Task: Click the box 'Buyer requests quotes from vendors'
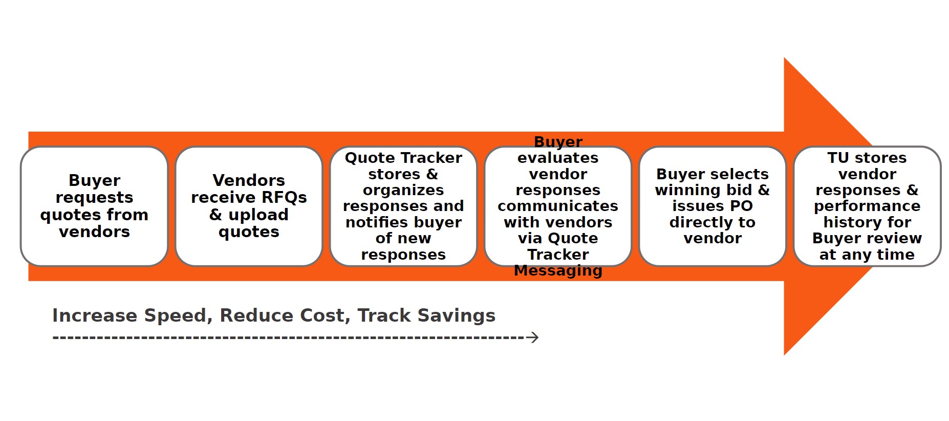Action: pyautogui.click(x=94, y=206)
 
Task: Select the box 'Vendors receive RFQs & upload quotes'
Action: pyautogui.click(x=249, y=206)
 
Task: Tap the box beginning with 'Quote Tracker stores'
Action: pyautogui.click(x=403, y=206)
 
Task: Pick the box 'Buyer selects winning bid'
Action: pyautogui.click(x=713, y=206)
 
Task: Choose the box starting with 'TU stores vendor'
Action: pyautogui.click(x=867, y=206)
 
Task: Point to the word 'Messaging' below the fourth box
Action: pyautogui.click(x=558, y=270)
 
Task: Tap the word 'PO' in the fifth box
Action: pyautogui.click(x=741, y=206)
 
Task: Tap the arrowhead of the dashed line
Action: pyautogui.click(x=534, y=338)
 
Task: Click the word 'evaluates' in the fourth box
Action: pyautogui.click(x=558, y=158)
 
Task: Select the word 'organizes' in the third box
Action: pyautogui.click(x=403, y=191)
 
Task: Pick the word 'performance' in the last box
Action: pyautogui.click(x=867, y=206)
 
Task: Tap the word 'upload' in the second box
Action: pyautogui.click(x=258, y=215)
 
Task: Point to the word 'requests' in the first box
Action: pyautogui.click(x=94, y=198)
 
